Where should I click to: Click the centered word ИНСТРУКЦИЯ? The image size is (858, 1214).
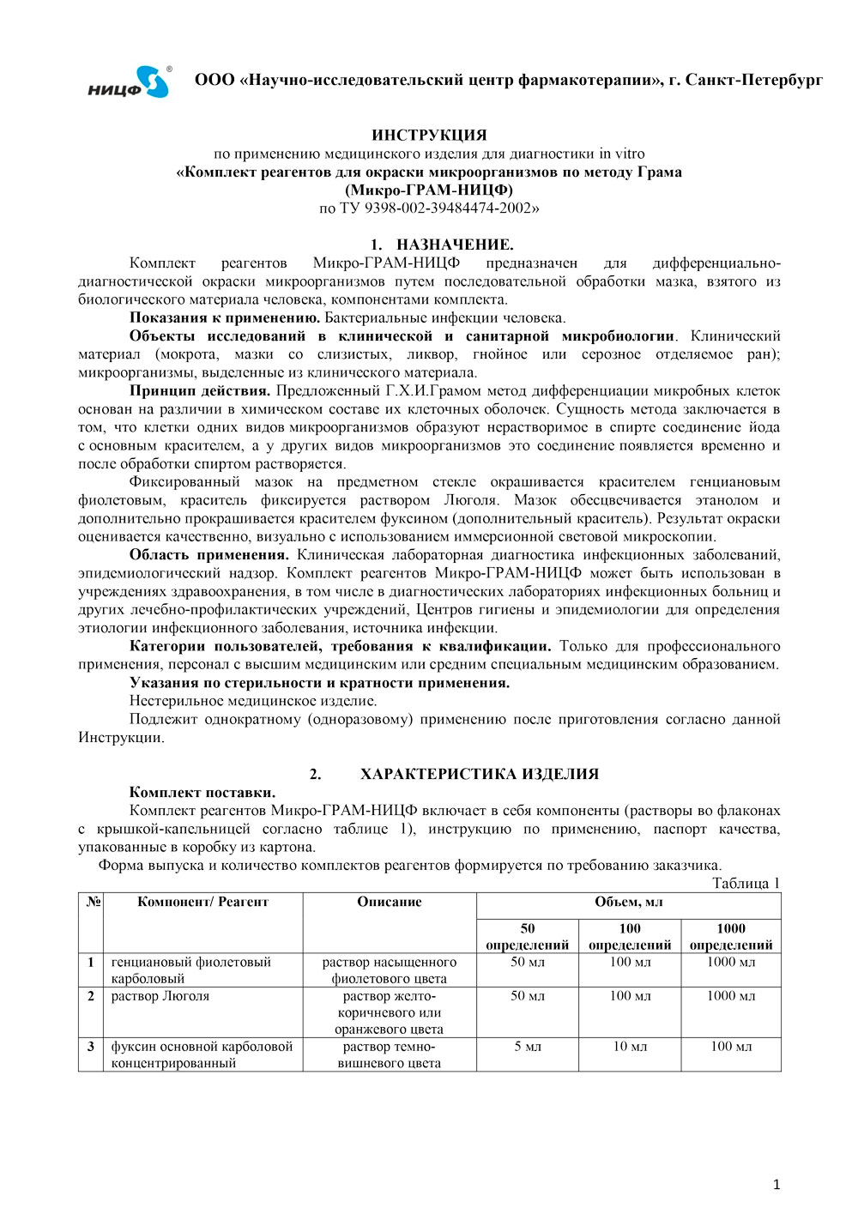click(429, 135)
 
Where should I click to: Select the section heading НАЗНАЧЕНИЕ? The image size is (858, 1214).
click(455, 245)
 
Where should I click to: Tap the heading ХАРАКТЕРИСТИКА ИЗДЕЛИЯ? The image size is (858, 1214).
click(479, 774)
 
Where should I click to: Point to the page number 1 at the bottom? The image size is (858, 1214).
click(777, 1185)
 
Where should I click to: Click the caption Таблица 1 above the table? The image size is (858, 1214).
click(746, 884)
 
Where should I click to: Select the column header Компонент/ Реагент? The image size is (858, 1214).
click(202, 902)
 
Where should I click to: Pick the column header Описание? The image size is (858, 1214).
click(390, 902)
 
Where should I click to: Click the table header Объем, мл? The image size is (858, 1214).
click(628, 902)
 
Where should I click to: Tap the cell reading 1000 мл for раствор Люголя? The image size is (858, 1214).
click(731, 996)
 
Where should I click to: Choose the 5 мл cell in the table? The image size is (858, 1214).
click(528, 1047)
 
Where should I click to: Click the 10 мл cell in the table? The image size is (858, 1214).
click(630, 1047)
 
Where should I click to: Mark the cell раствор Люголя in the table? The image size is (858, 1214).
click(160, 996)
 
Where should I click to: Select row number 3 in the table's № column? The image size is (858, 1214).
click(91, 1047)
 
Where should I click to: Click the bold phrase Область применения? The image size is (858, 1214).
click(208, 555)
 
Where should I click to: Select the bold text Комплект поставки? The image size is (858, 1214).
click(202, 792)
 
